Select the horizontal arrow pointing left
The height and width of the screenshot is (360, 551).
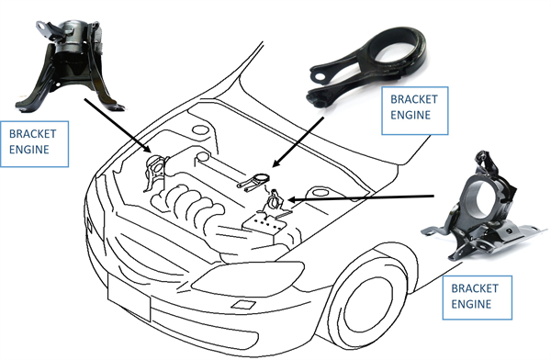(x=361, y=198)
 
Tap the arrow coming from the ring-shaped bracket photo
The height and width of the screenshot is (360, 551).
(x=298, y=142)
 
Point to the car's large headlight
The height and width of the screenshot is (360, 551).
(x=249, y=278)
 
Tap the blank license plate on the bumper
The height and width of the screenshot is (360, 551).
(x=129, y=298)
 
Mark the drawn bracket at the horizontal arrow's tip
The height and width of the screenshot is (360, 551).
(x=275, y=203)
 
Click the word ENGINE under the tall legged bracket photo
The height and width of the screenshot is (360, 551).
(x=28, y=150)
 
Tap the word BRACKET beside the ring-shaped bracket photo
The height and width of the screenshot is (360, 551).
(x=414, y=99)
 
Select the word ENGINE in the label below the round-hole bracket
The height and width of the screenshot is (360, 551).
(x=471, y=304)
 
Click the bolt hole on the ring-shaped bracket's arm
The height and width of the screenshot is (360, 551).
(x=320, y=76)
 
